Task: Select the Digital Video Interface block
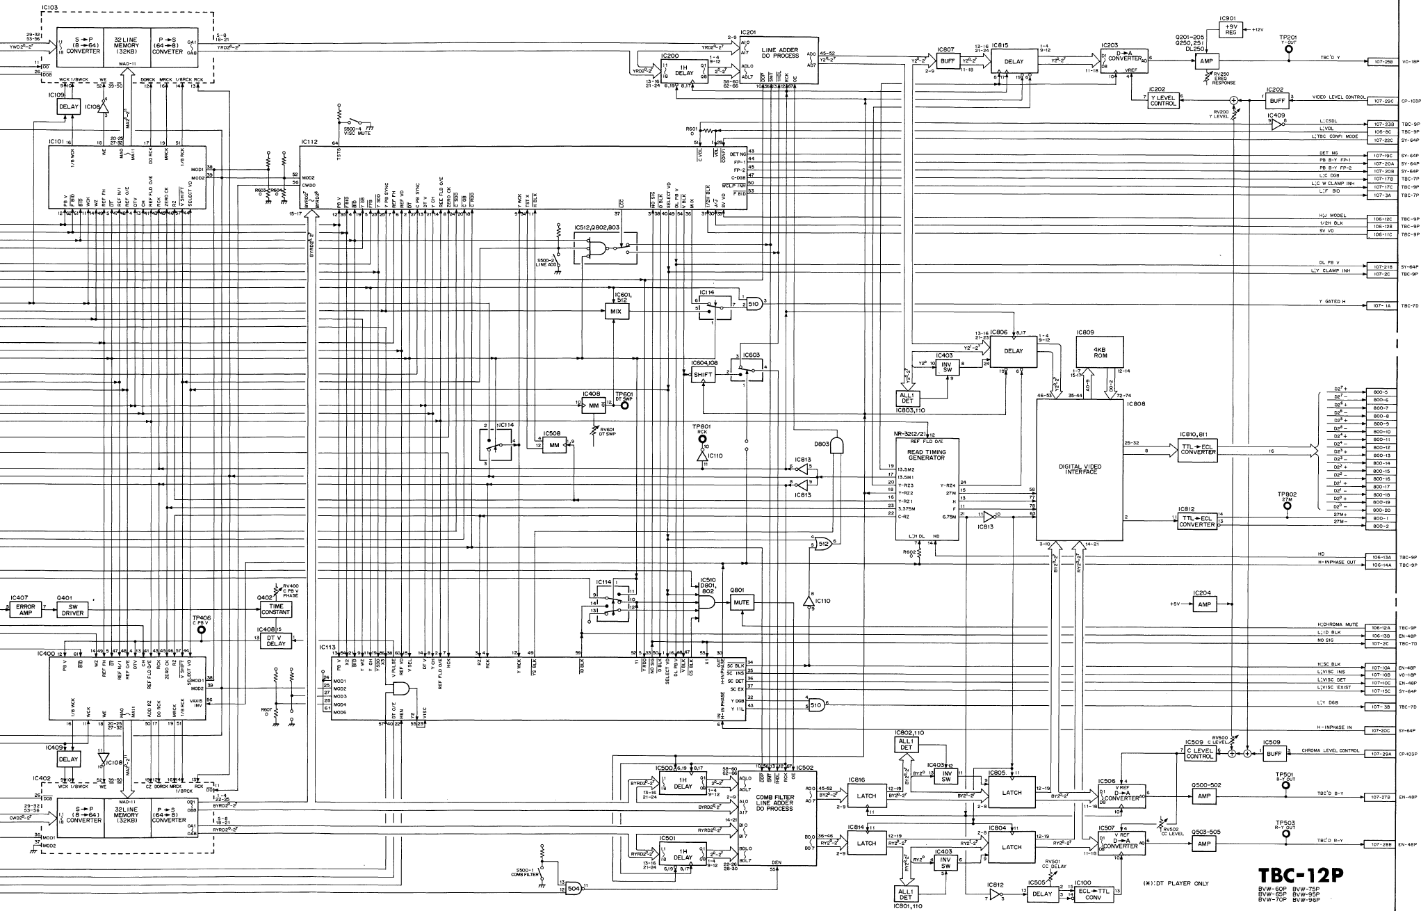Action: (1080, 469)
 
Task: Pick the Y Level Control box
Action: (1163, 101)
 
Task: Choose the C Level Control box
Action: (1199, 753)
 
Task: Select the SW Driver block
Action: (72, 609)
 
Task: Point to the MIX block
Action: (615, 312)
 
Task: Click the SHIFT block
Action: (703, 375)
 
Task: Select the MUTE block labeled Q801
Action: (741, 603)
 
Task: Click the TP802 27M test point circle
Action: (1287, 506)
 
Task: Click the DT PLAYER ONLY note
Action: (1176, 884)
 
